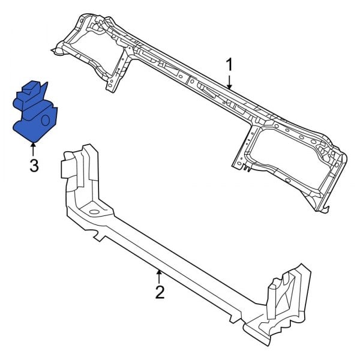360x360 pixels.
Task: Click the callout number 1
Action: [x=229, y=64]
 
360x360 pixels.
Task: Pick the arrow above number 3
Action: [x=34, y=146]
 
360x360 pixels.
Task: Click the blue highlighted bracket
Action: [x=33, y=117]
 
